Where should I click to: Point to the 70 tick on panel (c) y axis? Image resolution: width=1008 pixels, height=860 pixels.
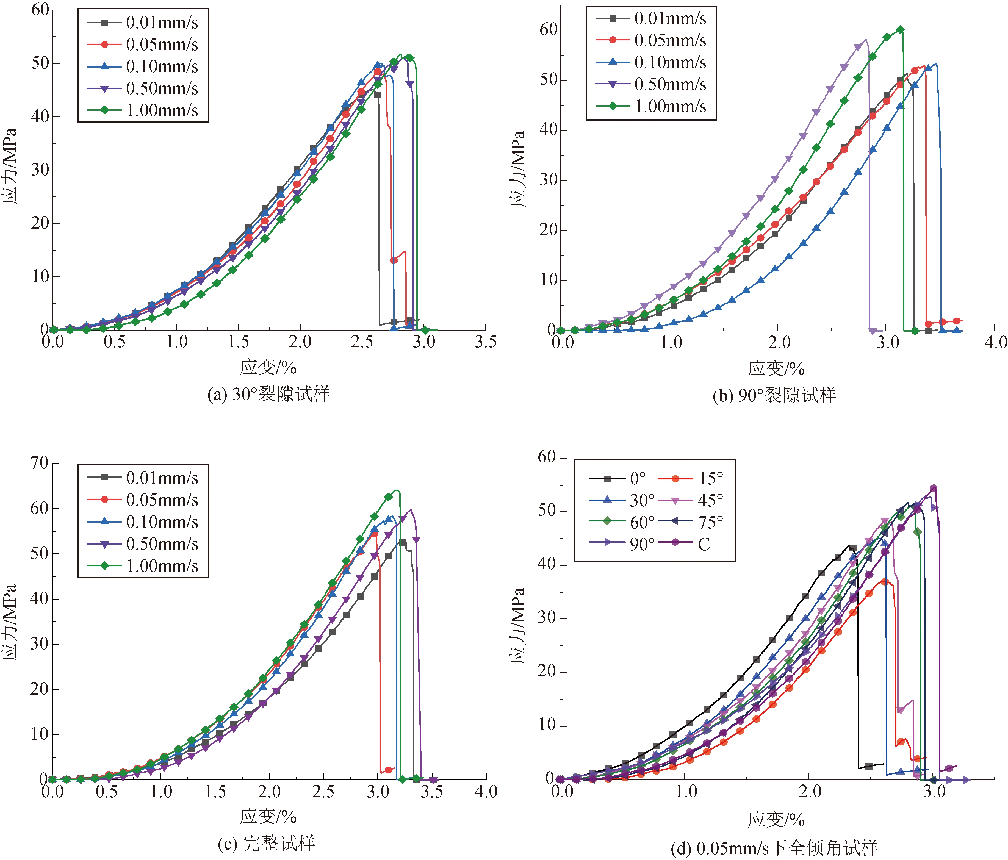point(40,463)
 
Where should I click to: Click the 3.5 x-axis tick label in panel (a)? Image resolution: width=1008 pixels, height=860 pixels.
point(486,342)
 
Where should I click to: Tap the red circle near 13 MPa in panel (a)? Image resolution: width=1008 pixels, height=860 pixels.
point(394,260)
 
